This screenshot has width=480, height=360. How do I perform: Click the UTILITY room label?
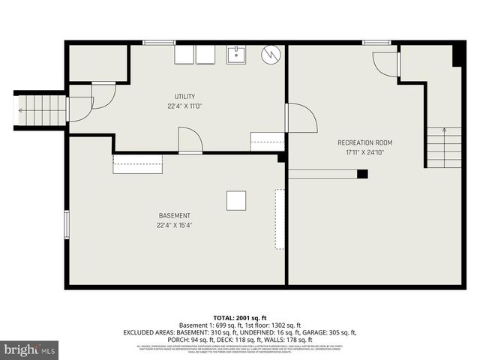click(184, 96)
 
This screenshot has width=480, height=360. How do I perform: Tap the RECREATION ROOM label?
click(364, 142)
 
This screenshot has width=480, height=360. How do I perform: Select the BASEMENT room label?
click(174, 216)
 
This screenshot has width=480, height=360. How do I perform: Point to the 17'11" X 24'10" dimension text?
click(364, 152)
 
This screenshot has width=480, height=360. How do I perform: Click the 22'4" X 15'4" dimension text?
click(174, 225)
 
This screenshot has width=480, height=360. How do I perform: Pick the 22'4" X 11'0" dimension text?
click(184, 106)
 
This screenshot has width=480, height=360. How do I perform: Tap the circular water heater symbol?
click(271, 54)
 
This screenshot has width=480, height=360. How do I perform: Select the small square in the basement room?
click(236, 200)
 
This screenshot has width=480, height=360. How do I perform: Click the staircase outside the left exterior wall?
click(41, 110)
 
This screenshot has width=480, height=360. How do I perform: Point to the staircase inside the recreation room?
click(445, 148)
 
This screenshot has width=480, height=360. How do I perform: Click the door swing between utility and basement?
click(190, 140)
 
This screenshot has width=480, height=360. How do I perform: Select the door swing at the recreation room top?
click(385, 64)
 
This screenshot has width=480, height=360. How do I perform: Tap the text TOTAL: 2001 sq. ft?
click(239, 317)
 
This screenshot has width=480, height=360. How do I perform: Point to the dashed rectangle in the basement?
click(280, 219)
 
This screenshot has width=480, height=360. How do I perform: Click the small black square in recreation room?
click(362, 174)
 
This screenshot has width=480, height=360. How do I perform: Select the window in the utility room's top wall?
click(159, 43)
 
